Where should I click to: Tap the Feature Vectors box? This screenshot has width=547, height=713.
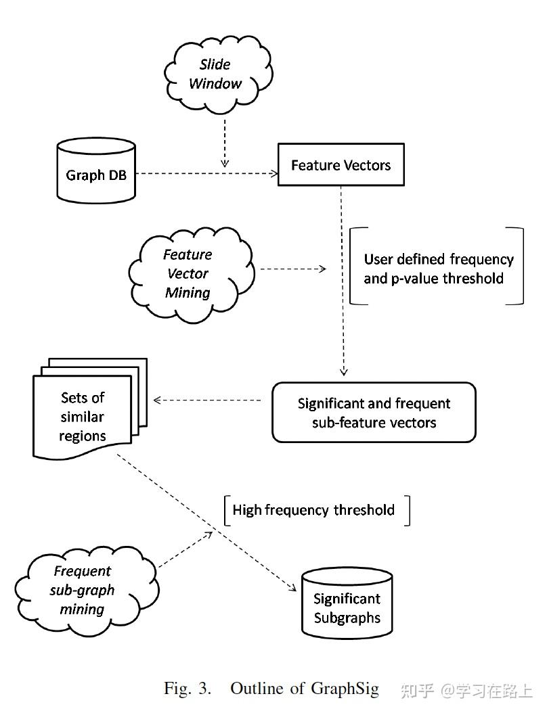(x=341, y=165)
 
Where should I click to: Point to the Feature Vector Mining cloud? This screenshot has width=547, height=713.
(x=188, y=274)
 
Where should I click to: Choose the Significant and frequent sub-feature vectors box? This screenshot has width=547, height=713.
(x=374, y=413)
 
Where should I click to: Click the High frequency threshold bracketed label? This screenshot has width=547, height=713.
(x=314, y=510)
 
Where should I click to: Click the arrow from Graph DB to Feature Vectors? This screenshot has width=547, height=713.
(x=203, y=174)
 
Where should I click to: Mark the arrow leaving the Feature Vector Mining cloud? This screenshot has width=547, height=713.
(x=292, y=269)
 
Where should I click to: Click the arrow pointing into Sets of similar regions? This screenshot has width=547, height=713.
(x=207, y=400)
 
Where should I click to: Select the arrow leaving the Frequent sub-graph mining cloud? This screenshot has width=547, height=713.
(x=186, y=549)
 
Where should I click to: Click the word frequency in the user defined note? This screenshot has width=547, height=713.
(x=481, y=259)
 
